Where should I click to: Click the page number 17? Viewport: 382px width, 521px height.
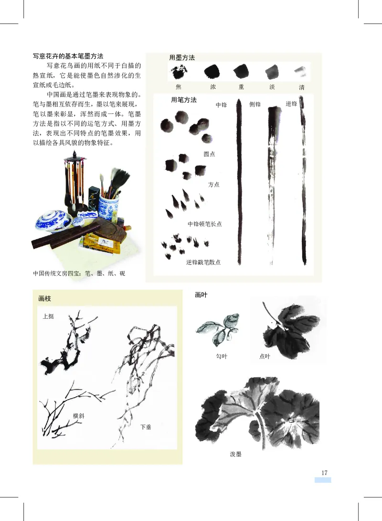(324, 473)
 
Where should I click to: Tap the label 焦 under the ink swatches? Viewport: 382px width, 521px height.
(179, 87)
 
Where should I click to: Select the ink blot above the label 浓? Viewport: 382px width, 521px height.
(212, 72)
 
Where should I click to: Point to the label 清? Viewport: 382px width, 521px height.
(302, 87)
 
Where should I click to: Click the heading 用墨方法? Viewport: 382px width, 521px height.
(182, 57)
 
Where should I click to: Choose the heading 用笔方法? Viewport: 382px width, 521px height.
(184, 100)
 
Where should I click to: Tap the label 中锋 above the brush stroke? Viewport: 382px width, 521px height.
(221, 105)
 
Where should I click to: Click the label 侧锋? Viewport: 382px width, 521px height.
(255, 104)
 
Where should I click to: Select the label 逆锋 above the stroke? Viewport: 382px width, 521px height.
(291, 104)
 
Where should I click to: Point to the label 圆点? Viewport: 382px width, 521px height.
(209, 154)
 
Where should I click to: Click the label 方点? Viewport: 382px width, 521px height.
(213, 185)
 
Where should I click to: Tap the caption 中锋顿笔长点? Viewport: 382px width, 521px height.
(204, 224)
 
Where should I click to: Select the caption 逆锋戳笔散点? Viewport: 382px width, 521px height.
(203, 262)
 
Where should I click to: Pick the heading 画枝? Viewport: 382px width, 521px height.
(44, 299)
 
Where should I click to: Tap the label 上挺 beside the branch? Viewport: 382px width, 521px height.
(48, 316)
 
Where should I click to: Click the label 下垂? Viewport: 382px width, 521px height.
(146, 426)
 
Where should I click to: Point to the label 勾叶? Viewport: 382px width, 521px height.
(222, 357)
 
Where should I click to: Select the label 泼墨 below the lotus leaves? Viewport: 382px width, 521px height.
(236, 454)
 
